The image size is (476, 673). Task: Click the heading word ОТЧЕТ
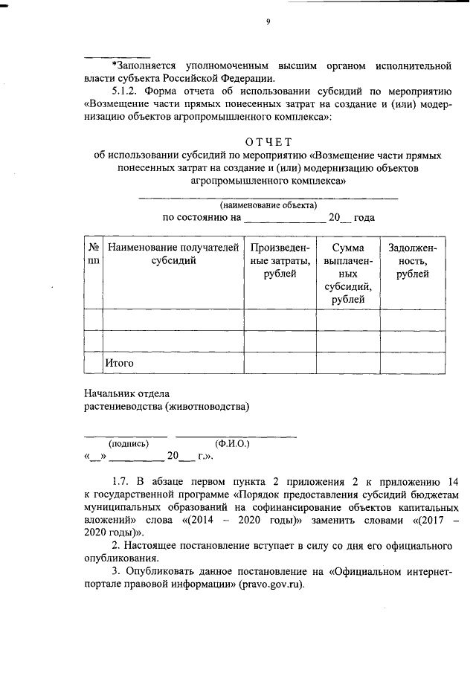coord(268,142)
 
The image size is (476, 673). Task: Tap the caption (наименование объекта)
coord(268,205)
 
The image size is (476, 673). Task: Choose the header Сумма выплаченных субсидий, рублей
coord(348,273)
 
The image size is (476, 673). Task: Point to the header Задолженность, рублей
coord(411,261)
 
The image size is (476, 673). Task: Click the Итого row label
coord(119,363)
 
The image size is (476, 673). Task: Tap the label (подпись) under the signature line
coord(129,443)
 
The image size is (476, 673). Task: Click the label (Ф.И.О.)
coord(232,443)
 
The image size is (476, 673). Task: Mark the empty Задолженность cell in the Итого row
coord(411,363)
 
